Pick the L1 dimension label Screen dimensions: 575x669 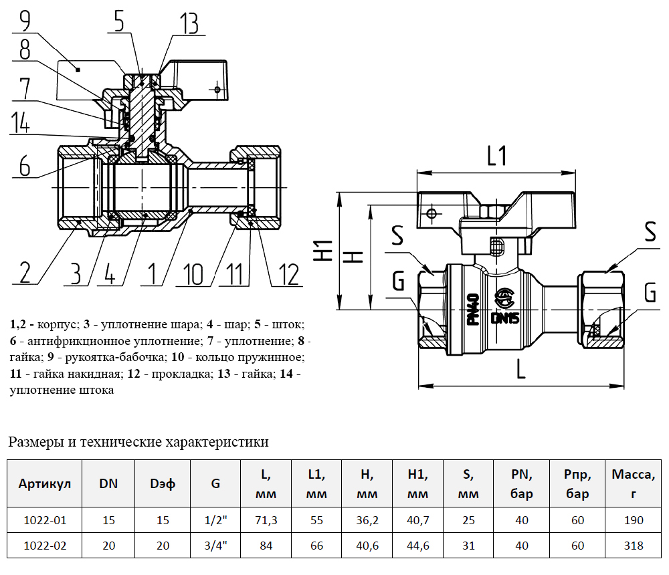(496, 156)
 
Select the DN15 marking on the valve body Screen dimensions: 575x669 (505, 318)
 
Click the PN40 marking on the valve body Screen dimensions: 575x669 (472, 309)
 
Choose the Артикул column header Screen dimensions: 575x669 (45, 483)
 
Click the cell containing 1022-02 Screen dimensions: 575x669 (45, 546)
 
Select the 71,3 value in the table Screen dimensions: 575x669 (266, 520)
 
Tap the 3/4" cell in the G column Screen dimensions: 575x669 (215, 546)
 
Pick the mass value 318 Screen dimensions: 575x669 (633, 546)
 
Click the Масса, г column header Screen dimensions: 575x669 (633, 484)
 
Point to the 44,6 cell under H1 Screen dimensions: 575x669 (417, 546)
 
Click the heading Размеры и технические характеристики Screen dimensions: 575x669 (138, 442)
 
